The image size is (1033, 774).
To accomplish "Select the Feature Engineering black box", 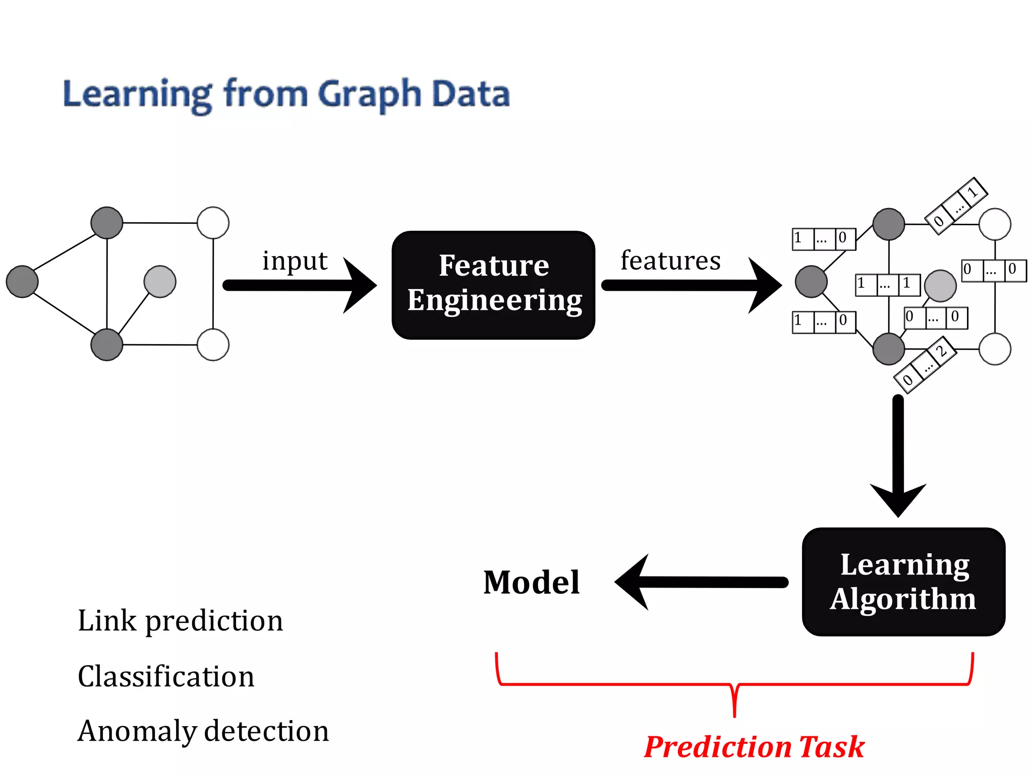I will point(493,285).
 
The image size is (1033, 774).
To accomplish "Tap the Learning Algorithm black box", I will point(903,582).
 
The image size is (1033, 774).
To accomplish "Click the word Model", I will point(531,583).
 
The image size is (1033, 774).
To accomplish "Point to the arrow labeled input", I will point(300,285).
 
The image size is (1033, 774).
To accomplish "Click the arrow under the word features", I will point(691,285).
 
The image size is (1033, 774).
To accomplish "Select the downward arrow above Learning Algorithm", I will point(898,454).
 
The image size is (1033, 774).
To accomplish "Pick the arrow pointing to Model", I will point(701,583).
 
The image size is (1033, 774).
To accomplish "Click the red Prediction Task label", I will point(754,746).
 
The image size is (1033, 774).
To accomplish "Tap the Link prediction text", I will point(180,621).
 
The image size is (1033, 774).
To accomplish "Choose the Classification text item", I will point(166,676).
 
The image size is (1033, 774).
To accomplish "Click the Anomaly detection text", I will point(203,731).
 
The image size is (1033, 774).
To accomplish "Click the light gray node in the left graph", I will point(160,282).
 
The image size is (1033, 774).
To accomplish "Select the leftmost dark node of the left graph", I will point(22,282).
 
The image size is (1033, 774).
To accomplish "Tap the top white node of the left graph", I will point(213,223).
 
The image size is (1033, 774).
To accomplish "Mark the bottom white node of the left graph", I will point(213,345).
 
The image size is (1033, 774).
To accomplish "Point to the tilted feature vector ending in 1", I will point(956,206).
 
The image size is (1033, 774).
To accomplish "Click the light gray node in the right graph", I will point(940,286).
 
